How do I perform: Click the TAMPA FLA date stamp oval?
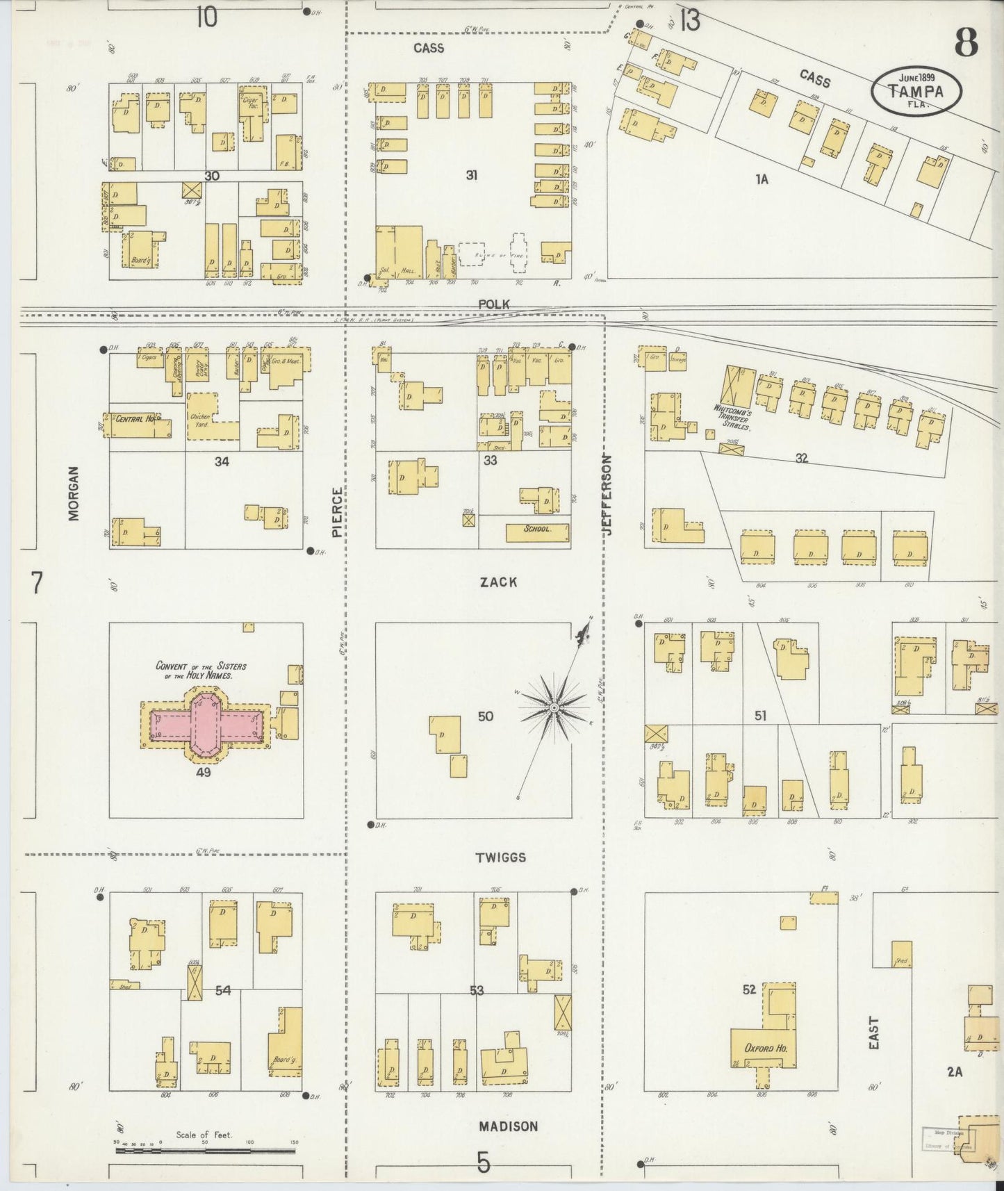(917, 89)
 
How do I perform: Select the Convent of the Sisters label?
(201, 670)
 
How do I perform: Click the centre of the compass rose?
(554, 708)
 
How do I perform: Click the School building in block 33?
(538, 529)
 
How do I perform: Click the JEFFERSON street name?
(607, 495)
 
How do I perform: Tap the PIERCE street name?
(338, 512)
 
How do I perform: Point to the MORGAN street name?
(74, 493)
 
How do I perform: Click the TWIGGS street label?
(500, 857)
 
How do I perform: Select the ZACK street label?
(498, 582)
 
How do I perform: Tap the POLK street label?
(493, 304)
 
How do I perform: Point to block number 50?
(485, 716)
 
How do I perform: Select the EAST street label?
(873, 1033)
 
